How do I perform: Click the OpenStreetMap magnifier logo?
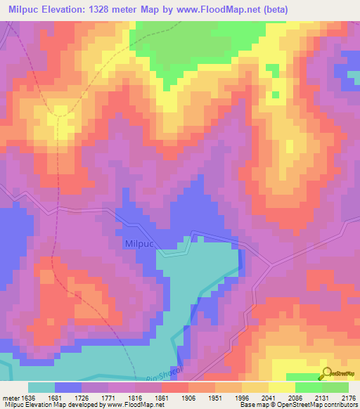pyautogui.click(x=326, y=373)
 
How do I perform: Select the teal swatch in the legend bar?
pyautogui.click(x=41, y=387)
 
